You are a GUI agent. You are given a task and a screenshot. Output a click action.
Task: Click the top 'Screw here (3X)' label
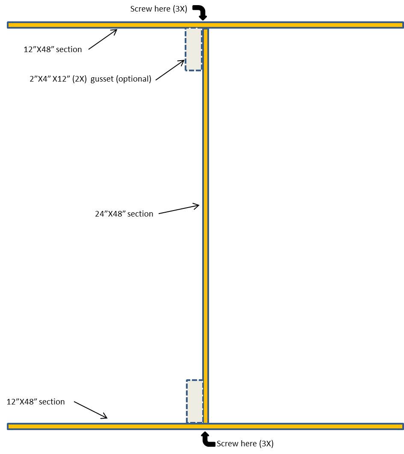[159, 9]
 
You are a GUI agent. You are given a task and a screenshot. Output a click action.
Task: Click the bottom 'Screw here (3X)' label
[245, 444]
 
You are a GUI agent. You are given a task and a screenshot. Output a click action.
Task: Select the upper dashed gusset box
[194, 49]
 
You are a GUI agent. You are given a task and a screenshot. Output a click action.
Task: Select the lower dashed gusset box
[195, 401]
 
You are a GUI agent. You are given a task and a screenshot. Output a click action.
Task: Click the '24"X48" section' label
[124, 214]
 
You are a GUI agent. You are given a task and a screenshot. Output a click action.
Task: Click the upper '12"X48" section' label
[53, 49]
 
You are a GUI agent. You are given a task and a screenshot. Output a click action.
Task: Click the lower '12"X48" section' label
[35, 401]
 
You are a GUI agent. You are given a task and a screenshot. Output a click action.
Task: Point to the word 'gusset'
[102, 79]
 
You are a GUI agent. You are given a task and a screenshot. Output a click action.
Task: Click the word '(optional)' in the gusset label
[134, 79]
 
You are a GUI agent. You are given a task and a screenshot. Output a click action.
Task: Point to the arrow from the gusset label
[170, 70]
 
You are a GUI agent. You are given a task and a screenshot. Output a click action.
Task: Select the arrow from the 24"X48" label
[179, 209]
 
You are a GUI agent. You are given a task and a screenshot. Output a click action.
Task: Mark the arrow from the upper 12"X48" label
[103, 39]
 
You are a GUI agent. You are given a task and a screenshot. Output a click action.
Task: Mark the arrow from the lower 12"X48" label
[91, 410]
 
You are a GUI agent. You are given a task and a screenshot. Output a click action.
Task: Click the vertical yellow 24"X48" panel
[206, 226]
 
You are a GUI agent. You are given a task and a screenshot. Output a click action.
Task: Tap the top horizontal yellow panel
[205, 25]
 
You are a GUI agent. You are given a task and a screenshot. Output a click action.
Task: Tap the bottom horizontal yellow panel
[205, 426]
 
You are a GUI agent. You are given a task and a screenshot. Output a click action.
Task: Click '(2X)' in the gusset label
[80, 79]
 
